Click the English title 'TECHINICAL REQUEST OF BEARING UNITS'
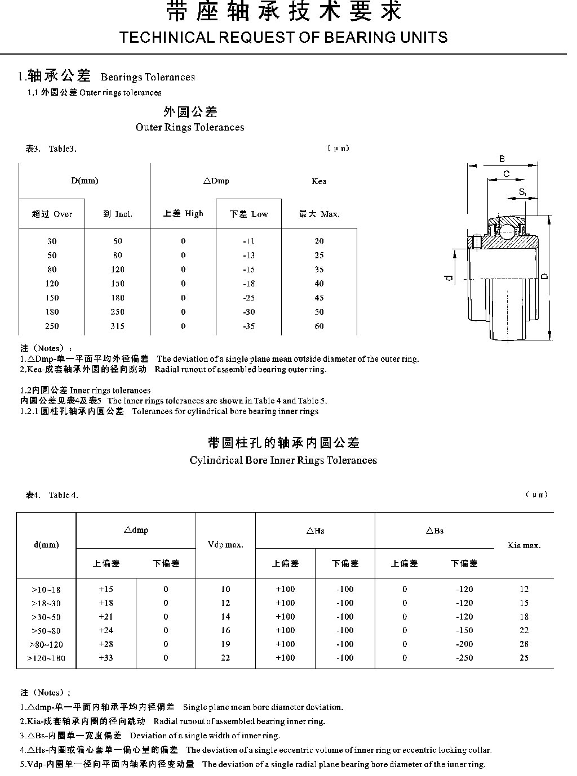284,38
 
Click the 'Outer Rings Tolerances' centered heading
190,127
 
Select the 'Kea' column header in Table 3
319,181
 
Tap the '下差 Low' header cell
249,214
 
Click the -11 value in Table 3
249,241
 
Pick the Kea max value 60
319,326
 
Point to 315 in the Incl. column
117,326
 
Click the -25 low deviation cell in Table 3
249,298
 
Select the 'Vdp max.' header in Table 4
225,545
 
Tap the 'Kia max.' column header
524,545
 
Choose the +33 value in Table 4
106,658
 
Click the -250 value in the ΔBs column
464,658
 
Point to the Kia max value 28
524,644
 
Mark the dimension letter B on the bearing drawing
502,159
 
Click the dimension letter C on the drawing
506,174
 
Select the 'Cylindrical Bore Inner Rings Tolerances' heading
283,460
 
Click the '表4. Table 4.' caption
52,495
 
